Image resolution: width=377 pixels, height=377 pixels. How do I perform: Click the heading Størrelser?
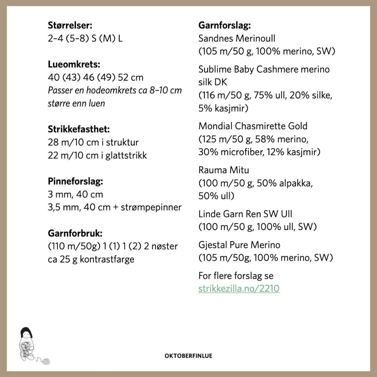[x=70, y=25]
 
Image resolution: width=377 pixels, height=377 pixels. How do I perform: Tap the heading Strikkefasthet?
[x=79, y=129]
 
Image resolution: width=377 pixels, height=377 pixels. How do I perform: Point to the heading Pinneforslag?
[x=75, y=182]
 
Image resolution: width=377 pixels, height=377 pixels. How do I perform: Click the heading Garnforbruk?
[x=75, y=233]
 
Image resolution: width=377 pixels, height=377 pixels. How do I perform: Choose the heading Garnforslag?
[x=225, y=25]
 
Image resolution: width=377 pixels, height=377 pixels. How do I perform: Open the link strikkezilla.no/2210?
[x=239, y=289]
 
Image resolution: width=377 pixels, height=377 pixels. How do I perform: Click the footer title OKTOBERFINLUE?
[x=188, y=356]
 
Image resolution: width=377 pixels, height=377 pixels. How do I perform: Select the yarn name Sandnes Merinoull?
[x=237, y=38]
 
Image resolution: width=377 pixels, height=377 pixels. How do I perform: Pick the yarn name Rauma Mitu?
[x=224, y=170]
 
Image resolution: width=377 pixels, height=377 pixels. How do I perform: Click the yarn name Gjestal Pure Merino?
[x=239, y=245]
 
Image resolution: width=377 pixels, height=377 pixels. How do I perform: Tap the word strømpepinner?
[x=151, y=207]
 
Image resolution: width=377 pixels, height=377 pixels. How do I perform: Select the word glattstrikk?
[x=126, y=155]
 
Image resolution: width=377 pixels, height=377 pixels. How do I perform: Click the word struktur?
[x=122, y=142]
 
